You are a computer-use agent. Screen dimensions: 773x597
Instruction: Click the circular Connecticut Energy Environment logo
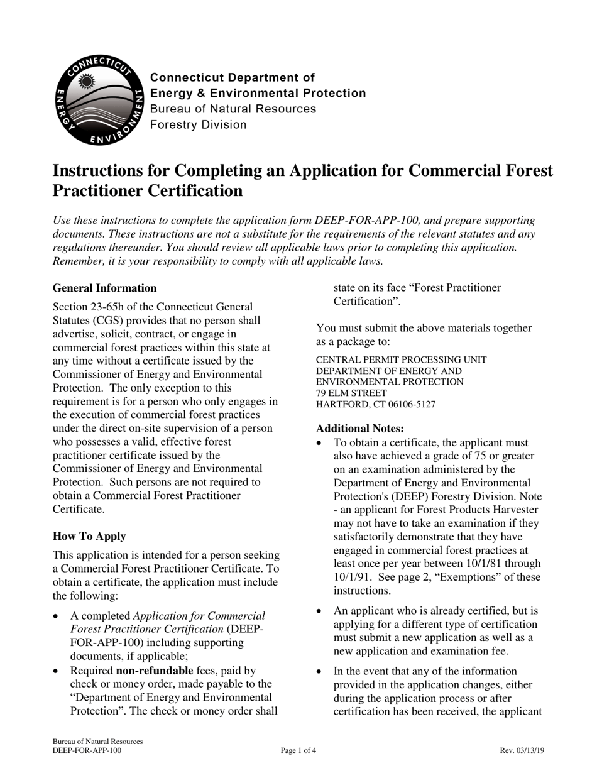click(98, 99)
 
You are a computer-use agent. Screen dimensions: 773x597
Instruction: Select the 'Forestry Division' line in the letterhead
click(198, 124)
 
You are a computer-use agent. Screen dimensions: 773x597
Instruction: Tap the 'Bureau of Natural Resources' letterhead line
click(233, 109)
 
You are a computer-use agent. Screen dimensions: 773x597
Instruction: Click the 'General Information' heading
click(104, 288)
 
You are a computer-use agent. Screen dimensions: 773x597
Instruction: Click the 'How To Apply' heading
click(89, 536)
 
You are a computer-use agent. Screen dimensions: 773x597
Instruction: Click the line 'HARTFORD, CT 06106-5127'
click(375, 404)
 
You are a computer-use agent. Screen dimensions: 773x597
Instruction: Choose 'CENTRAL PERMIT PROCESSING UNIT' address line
click(400, 359)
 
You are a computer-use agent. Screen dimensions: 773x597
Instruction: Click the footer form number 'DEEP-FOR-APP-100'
click(87, 750)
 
